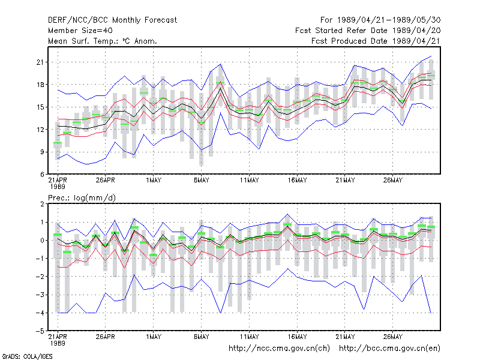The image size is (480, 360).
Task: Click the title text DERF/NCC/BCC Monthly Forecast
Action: point(112,20)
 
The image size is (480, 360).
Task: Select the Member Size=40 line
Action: point(80,31)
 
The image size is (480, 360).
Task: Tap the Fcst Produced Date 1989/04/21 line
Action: point(376,41)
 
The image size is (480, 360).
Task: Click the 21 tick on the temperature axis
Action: point(40,62)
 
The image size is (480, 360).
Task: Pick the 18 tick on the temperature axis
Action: point(40,85)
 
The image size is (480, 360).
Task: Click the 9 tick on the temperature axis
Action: point(42,152)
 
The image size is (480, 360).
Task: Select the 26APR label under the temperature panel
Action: point(106,181)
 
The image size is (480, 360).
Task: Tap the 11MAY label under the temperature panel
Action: point(249,181)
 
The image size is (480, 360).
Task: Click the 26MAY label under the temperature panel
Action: point(393,181)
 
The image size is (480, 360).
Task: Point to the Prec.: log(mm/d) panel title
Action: point(82,198)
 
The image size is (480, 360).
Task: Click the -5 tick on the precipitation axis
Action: point(40,331)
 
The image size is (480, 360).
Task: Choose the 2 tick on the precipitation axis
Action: point(42,204)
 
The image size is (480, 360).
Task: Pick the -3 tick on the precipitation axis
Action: point(40,295)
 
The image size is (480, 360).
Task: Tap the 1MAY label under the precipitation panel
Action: point(154,337)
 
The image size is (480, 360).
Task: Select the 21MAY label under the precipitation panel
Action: point(345,337)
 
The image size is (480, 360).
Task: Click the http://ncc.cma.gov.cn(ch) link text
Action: point(279,349)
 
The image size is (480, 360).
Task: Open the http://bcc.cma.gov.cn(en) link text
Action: point(389,349)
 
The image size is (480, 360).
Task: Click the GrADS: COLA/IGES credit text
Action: point(27,356)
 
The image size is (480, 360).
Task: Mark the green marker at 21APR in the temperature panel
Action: point(58,143)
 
